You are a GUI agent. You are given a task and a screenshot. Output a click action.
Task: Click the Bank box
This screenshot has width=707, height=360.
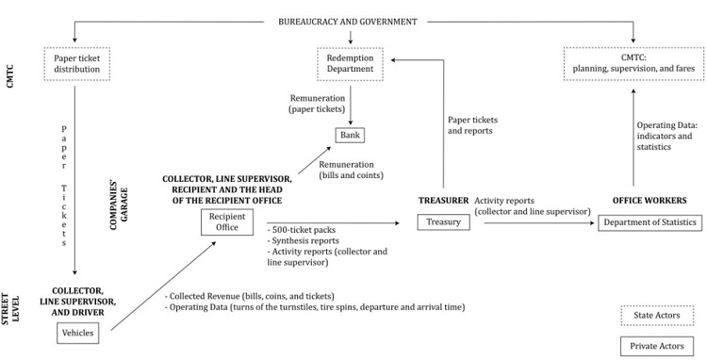(350, 136)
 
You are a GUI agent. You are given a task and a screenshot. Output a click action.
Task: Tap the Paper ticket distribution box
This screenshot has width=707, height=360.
(74, 64)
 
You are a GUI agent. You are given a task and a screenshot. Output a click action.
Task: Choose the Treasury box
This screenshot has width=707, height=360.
(442, 222)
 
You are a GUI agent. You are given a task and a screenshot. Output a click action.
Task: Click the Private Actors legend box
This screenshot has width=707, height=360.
(653, 343)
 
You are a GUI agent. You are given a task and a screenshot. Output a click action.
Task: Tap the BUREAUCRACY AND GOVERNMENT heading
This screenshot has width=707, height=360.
(351, 21)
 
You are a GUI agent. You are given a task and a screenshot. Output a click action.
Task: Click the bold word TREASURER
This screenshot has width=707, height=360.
(441, 201)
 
